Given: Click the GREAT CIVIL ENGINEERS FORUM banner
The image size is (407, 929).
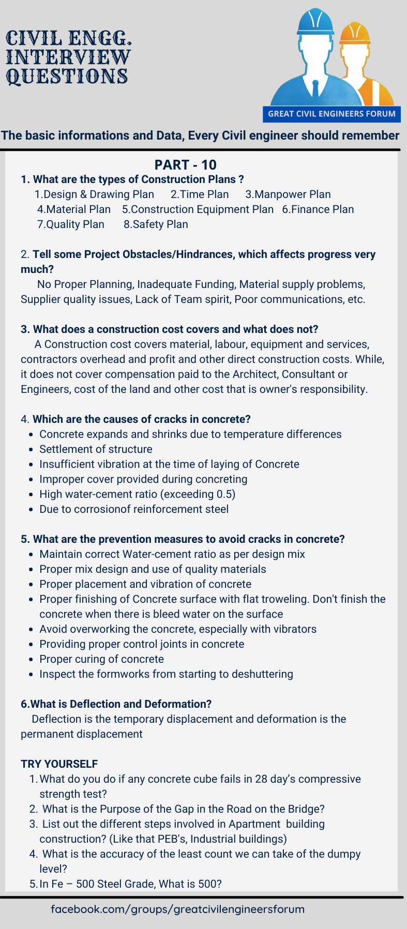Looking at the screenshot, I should [x=331, y=114].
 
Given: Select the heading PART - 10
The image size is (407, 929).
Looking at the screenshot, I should [x=185, y=165].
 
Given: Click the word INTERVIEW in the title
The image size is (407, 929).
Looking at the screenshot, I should [x=68, y=57].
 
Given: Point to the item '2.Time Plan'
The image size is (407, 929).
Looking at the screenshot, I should [x=200, y=194].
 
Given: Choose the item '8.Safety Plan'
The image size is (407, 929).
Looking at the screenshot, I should [x=156, y=224].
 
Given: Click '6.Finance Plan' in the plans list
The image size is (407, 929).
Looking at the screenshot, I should [x=318, y=209].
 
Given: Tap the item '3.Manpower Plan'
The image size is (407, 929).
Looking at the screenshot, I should [x=288, y=194].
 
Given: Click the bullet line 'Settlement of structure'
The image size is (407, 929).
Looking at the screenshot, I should [x=96, y=449].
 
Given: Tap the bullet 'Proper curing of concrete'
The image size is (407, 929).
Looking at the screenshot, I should [x=101, y=659].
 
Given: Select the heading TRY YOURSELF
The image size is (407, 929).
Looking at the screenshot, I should [x=59, y=764].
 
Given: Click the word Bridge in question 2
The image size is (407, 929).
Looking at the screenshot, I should [x=304, y=809].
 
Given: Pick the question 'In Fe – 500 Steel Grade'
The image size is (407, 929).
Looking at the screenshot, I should [x=130, y=884].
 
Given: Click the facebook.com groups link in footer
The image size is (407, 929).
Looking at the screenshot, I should [x=177, y=909].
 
